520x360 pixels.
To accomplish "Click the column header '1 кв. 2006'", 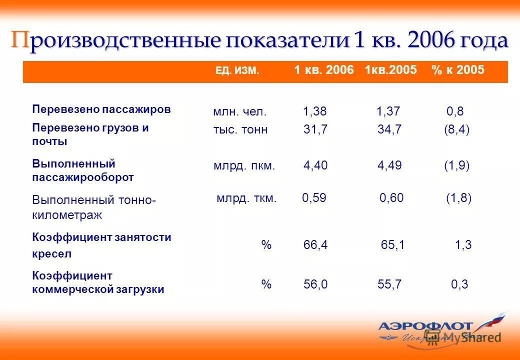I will [x=323, y=70].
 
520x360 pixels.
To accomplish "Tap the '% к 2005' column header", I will [x=457, y=70].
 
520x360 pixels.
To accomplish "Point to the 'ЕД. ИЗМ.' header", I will [x=237, y=71].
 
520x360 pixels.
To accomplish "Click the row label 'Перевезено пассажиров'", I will [x=101, y=109].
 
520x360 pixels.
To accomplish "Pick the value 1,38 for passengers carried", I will [x=314, y=111].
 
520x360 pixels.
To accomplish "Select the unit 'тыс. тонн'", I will [x=240, y=130].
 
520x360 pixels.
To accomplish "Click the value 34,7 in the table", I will [x=389, y=130].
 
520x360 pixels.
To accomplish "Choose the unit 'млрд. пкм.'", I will [x=244, y=166].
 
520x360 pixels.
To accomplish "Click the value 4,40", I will [x=315, y=166].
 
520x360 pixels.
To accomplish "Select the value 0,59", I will [x=314, y=198].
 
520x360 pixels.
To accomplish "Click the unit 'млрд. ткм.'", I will [x=246, y=198].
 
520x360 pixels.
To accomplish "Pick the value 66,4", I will [x=315, y=245].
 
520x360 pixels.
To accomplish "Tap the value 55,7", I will [x=389, y=284].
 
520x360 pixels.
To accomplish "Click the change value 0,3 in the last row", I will [x=459, y=284].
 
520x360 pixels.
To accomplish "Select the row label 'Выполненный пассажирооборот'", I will [x=83, y=170].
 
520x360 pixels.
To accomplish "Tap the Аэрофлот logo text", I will [x=425, y=326].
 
